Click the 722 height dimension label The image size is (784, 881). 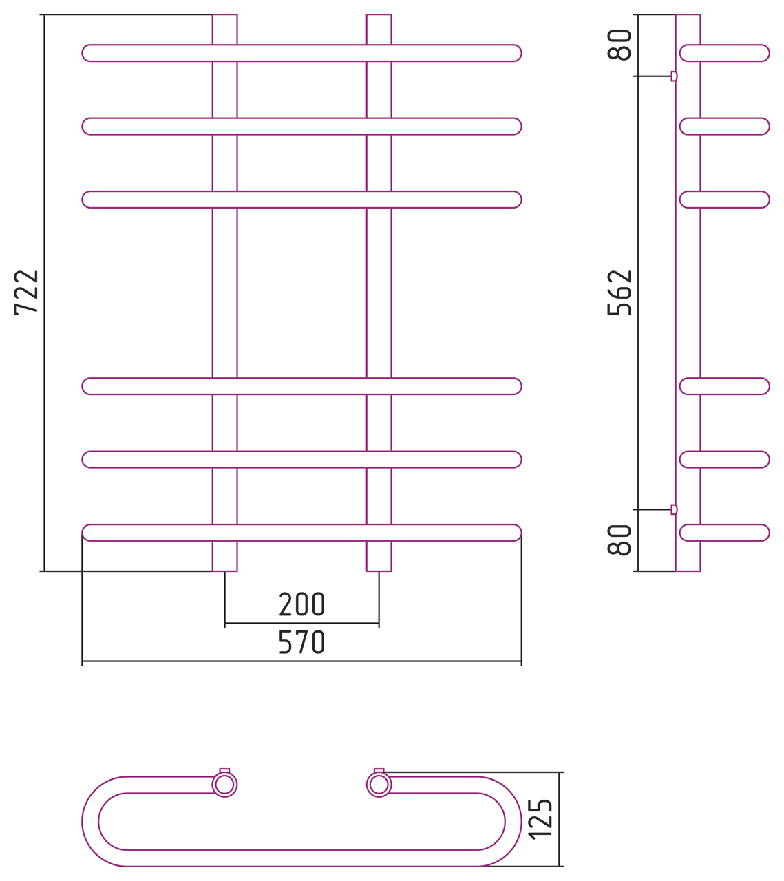point(26,293)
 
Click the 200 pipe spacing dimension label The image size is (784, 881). point(301,604)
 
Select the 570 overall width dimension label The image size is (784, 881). point(301,642)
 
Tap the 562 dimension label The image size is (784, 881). point(619,293)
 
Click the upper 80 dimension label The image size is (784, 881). point(619,45)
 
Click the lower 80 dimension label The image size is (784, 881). point(619,540)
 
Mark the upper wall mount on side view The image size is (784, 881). point(674,76)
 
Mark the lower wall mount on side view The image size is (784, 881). point(674,509)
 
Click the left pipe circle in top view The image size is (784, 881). point(224,784)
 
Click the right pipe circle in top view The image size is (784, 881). point(379,784)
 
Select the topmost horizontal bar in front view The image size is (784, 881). point(301,53)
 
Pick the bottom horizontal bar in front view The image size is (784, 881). point(301,533)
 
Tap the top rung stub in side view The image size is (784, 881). point(725,53)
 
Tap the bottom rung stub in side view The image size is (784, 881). point(725,533)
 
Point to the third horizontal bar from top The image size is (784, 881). point(301,200)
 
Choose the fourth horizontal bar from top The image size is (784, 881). point(301,386)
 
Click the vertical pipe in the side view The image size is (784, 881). point(688,293)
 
